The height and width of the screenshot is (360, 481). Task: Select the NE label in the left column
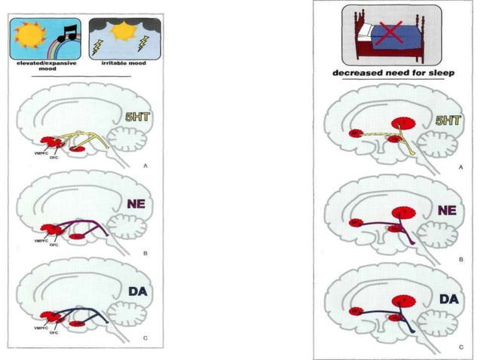pos(137,203)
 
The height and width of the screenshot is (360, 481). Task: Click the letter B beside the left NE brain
pos(145,253)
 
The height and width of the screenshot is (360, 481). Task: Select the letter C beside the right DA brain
pos(459,346)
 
